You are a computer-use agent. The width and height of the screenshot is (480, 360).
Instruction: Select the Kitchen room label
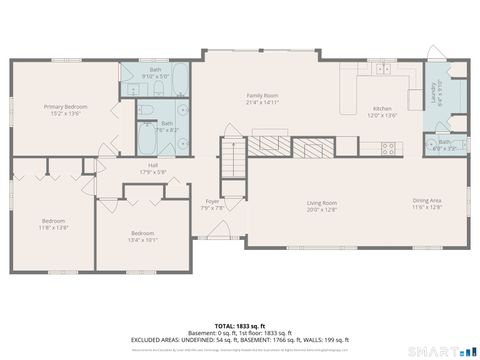coord(382,108)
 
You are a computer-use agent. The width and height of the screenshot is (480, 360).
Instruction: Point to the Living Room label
coord(321,203)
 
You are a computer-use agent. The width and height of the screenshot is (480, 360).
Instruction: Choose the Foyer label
coord(212,202)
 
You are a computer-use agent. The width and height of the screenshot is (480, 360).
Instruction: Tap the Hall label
coord(153,165)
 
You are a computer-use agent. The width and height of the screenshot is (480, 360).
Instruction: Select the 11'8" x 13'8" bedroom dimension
coord(53,228)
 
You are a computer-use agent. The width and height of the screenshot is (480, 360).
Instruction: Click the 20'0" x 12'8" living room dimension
coord(321,210)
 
